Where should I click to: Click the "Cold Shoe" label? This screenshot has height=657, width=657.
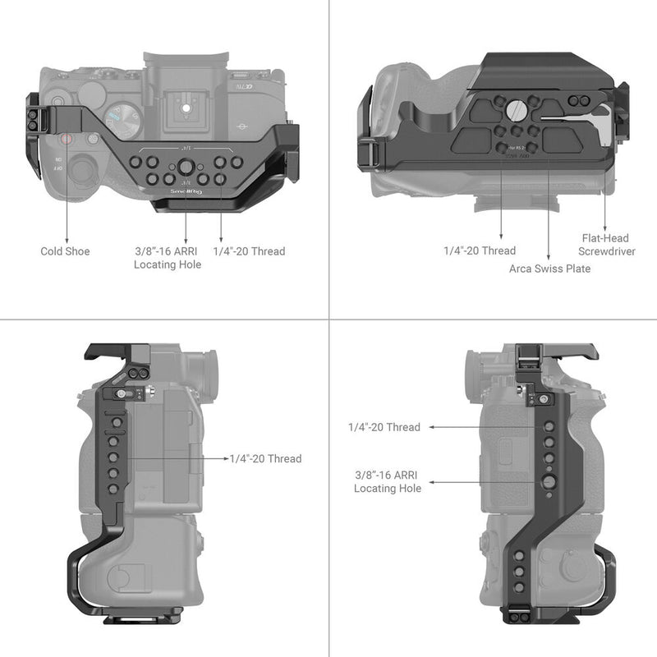point(65,251)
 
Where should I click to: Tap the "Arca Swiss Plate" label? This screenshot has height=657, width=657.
point(549,269)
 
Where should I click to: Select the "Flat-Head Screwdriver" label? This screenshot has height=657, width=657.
point(606,245)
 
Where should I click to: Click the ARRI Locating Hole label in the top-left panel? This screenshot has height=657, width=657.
point(168,258)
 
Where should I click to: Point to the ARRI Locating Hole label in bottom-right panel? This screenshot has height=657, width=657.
point(388,482)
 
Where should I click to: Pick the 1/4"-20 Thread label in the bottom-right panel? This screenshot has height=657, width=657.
point(384,427)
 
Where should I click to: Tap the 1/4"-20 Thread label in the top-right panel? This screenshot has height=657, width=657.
point(480,250)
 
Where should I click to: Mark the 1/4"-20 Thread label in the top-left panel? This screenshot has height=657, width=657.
point(249,251)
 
